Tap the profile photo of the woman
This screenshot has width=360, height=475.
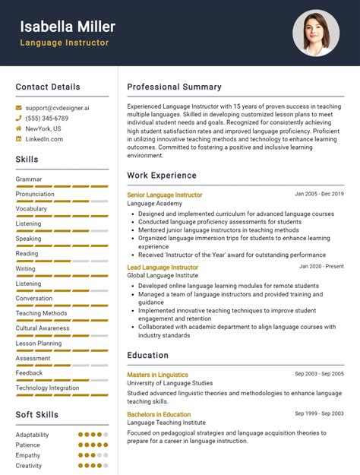click(x=316, y=33)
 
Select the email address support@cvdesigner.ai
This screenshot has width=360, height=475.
click(x=57, y=108)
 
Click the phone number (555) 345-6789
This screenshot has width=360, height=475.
click(x=47, y=119)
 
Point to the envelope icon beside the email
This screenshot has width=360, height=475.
click(x=19, y=108)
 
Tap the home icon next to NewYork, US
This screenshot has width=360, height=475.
click(x=19, y=128)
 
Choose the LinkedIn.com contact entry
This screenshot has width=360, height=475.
click(x=44, y=139)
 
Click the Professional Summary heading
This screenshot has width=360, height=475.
click(x=174, y=87)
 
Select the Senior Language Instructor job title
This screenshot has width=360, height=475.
click(x=164, y=195)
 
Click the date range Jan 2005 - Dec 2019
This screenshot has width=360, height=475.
click(x=319, y=194)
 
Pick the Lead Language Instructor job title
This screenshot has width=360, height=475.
click(x=163, y=268)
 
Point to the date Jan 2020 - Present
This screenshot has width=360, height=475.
click(x=321, y=267)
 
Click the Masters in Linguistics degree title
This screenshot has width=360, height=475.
click(x=157, y=375)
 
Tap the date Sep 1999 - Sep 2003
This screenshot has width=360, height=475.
click(x=319, y=413)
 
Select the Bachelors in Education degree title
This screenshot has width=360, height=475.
click(x=159, y=414)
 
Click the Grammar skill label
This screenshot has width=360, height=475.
click(x=29, y=179)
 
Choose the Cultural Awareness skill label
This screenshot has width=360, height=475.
click(x=43, y=328)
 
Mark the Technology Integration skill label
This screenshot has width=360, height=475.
click(x=47, y=388)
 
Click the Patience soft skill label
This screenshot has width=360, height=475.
click(x=29, y=445)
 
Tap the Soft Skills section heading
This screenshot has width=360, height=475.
click(x=37, y=415)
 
